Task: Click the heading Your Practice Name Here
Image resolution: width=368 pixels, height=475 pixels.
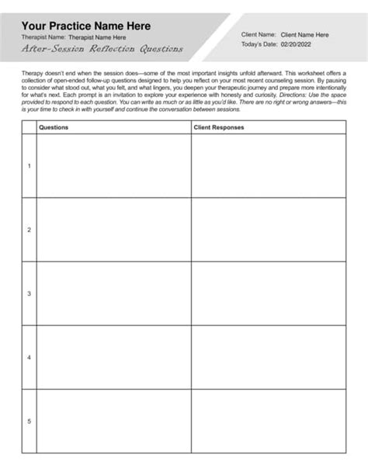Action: tap(87, 26)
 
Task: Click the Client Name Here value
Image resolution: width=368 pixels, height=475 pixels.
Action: tap(304, 35)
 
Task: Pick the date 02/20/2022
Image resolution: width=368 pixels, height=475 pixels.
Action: tap(299, 45)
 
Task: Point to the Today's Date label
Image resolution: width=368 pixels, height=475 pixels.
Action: tap(259, 45)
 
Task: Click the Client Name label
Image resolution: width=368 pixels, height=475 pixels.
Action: tap(259, 35)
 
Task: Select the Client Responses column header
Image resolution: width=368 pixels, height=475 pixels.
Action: tap(218, 127)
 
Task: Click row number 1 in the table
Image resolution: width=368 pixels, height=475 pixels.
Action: tap(30, 166)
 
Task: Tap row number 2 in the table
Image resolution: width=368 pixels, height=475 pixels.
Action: tap(30, 230)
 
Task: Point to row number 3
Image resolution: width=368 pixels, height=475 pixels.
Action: tap(30, 293)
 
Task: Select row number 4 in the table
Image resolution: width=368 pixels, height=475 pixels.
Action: tap(30, 357)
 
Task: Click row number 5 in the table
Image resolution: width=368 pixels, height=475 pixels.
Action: tap(30, 421)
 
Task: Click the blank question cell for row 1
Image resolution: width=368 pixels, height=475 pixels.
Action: tap(113, 166)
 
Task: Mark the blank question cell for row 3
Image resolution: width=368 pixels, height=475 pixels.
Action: tap(113, 293)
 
